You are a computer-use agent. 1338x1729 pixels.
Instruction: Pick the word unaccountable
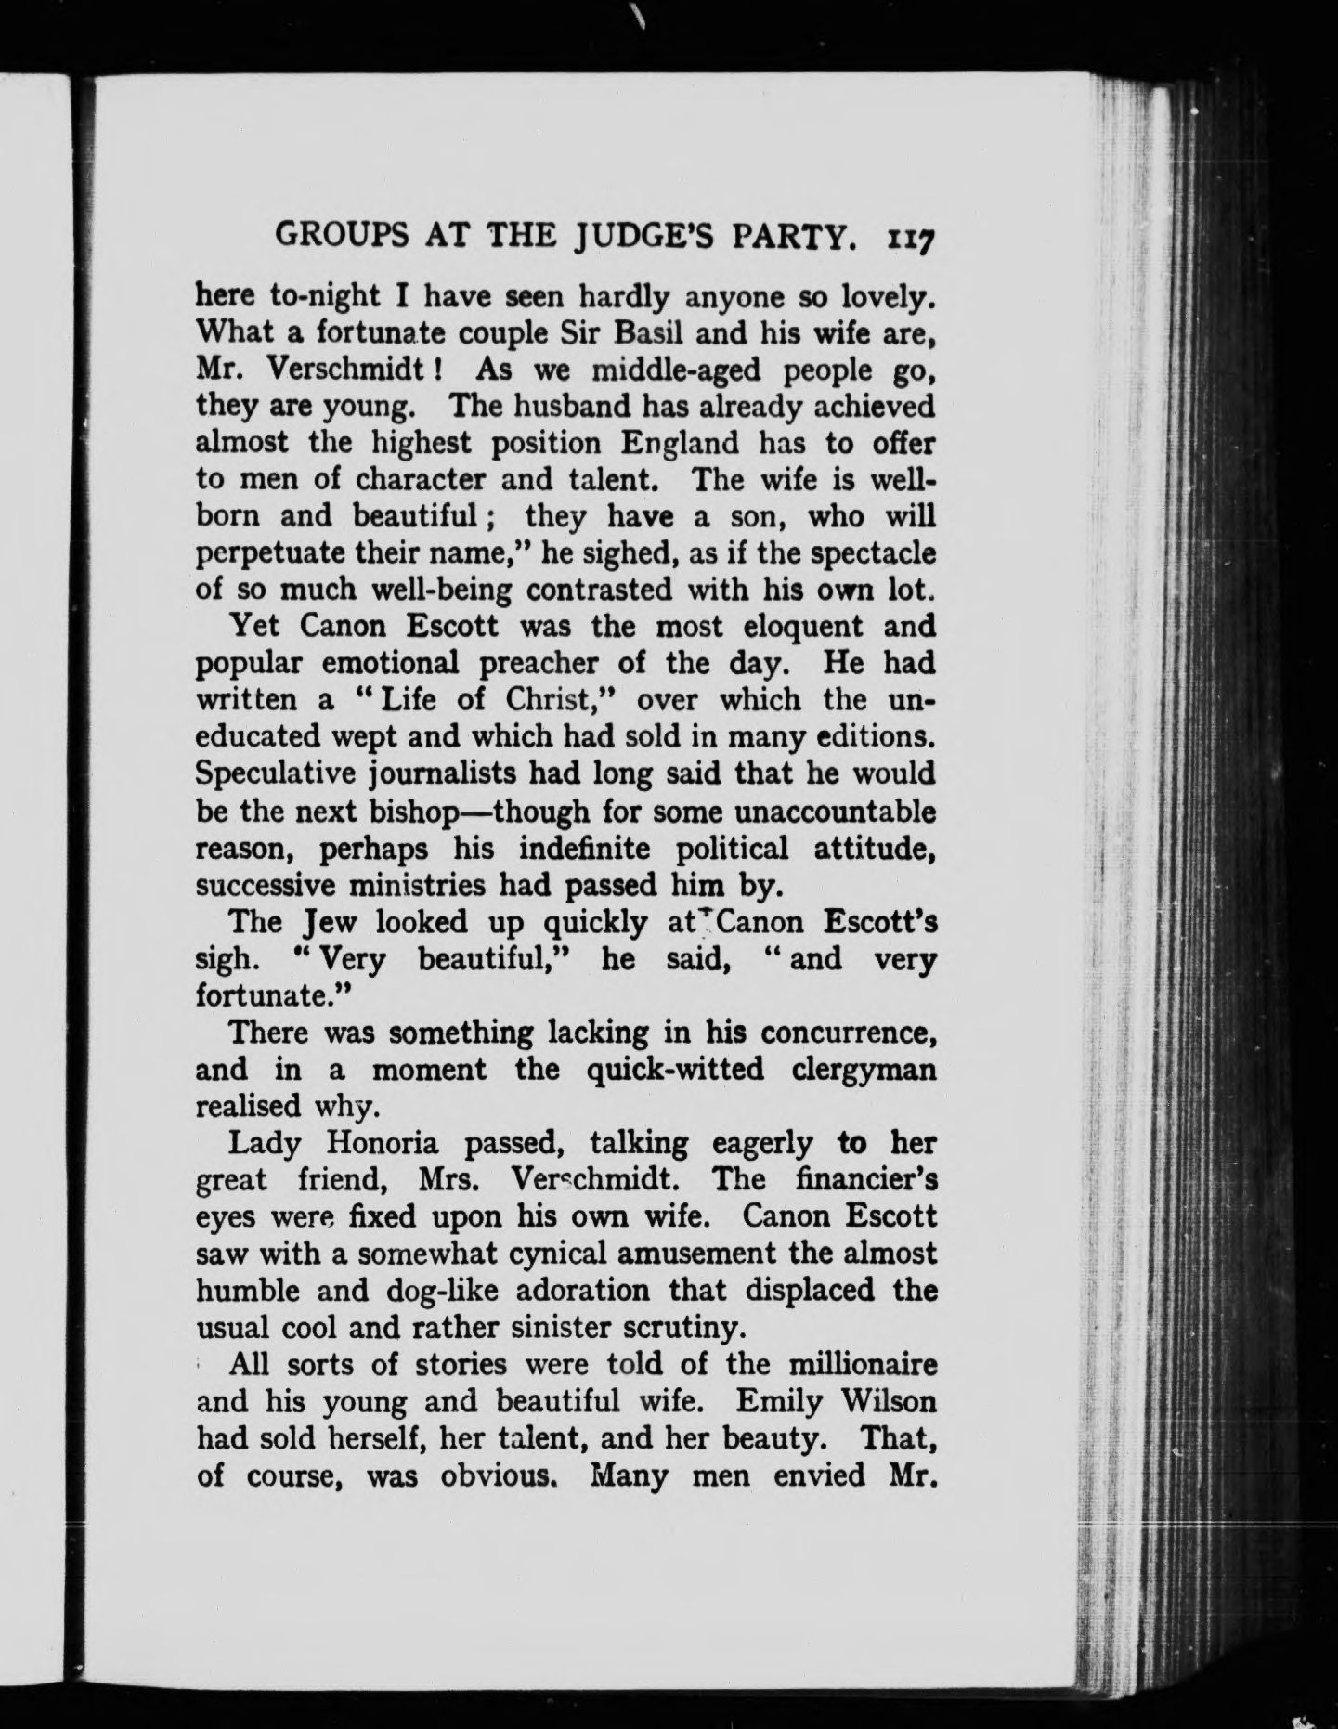(x=835, y=812)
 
